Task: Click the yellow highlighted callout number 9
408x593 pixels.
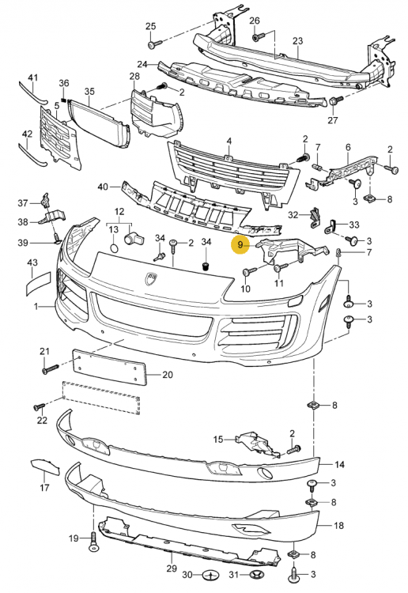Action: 240,246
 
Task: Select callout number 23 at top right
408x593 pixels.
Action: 297,41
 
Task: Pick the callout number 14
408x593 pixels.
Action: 339,464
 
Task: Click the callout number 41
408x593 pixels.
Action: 32,77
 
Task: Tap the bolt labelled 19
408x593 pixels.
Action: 93,539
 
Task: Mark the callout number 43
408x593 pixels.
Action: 32,263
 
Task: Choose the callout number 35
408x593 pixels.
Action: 89,93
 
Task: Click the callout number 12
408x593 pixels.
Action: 119,212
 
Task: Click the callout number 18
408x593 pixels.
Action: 339,525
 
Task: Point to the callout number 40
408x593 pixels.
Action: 104,187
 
